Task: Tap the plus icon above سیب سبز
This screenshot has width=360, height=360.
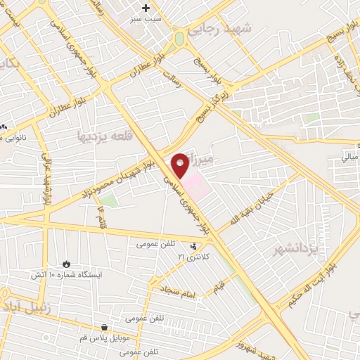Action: point(146,8)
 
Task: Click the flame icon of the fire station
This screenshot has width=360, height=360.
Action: point(67,264)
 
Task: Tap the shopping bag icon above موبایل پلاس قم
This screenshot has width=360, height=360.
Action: point(104,327)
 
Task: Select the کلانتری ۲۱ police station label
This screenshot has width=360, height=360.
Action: point(194,257)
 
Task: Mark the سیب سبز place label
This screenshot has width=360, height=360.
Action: point(146,20)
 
